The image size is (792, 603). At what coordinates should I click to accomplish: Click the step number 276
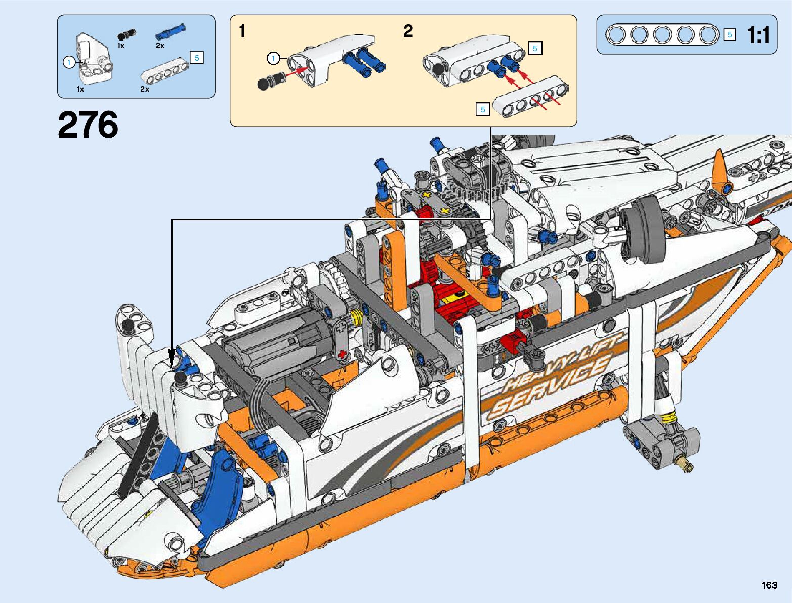(x=88, y=125)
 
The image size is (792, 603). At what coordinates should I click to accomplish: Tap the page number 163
(x=769, y=585)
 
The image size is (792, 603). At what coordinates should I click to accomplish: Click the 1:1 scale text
(x=758, y=35)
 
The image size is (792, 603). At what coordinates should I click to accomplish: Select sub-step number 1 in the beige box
(x=242, y=31)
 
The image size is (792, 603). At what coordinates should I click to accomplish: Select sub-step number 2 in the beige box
(x=408, y=31)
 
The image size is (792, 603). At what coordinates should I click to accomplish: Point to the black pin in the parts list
(x=127, y=34)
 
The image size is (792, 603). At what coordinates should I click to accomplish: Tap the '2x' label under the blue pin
(x=160, y=46)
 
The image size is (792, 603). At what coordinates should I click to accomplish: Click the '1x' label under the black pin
(x=121, y=46)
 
